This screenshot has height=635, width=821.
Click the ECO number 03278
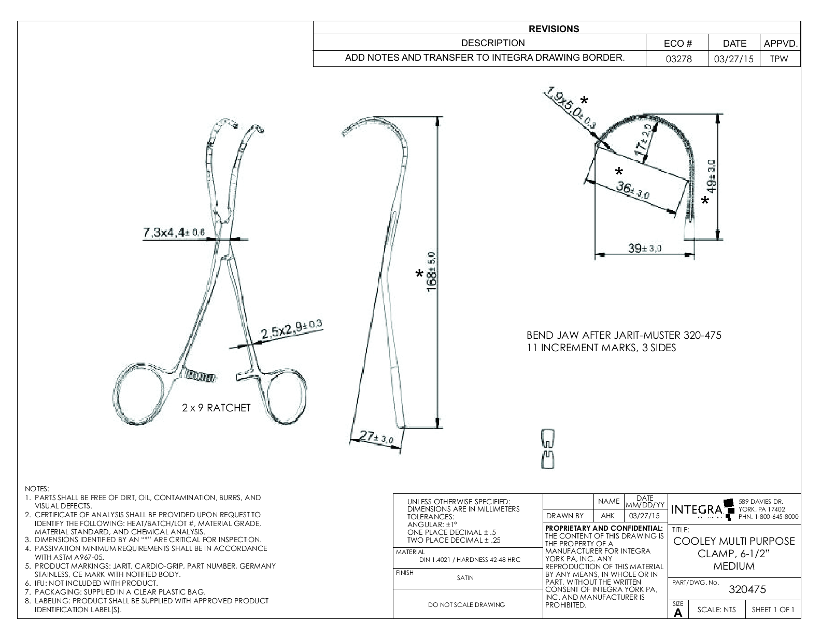678,59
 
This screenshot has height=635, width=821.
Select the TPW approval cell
779,59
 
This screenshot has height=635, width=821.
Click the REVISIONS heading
554,29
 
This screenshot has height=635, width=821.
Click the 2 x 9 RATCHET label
216,408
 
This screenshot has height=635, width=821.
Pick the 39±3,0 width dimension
644,249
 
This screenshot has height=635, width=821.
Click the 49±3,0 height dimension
713,176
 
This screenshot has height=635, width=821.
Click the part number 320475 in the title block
747,589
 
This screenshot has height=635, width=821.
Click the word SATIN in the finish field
465,578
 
